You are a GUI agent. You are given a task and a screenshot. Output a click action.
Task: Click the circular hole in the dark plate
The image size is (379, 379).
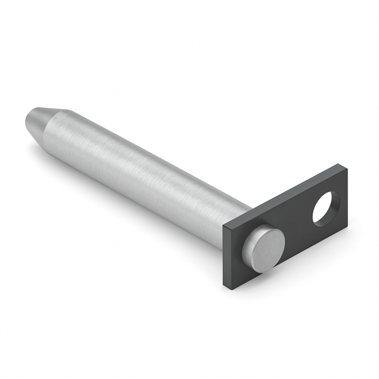[x=326, y=208]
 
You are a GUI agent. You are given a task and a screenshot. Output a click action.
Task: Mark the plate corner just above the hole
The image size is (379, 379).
[x=342, y=165]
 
